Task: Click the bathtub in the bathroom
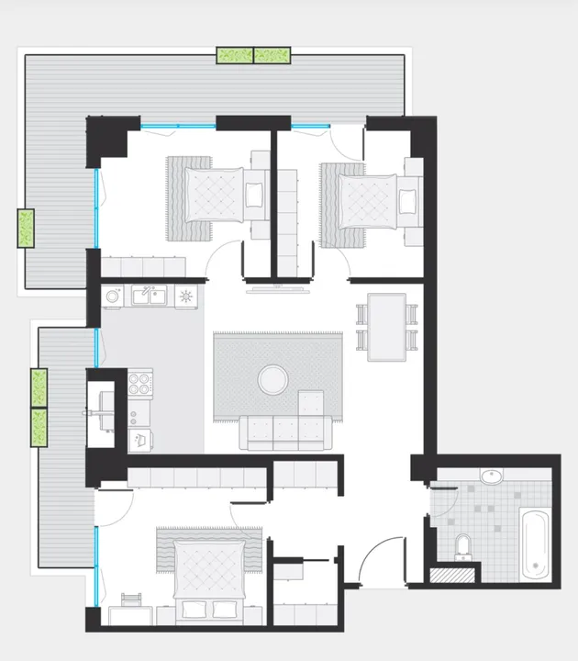coord(534,544)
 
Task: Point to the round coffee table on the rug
coord(272,379)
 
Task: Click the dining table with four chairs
coord(386,327)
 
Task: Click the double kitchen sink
coord(147,296)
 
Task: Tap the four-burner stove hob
coord(139,383)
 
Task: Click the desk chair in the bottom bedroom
coord(132,600)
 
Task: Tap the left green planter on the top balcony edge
coord(234,55)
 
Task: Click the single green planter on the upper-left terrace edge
coord(26,229)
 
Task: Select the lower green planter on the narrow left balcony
coord(39,428)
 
